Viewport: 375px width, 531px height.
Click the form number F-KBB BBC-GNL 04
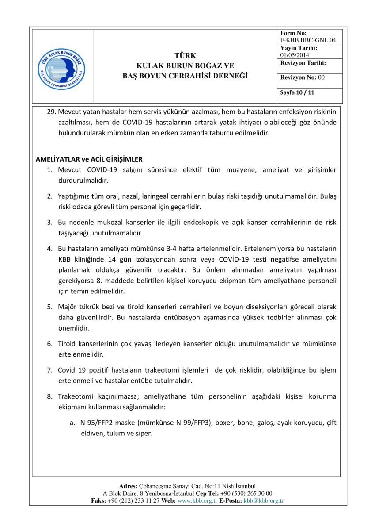point(308,40)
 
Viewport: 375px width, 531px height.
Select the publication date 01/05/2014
point(295,55)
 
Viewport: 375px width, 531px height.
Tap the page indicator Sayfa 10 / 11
point(297,92)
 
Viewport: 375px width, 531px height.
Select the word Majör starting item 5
point(67,306)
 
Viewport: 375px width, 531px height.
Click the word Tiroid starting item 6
point(67,344)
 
